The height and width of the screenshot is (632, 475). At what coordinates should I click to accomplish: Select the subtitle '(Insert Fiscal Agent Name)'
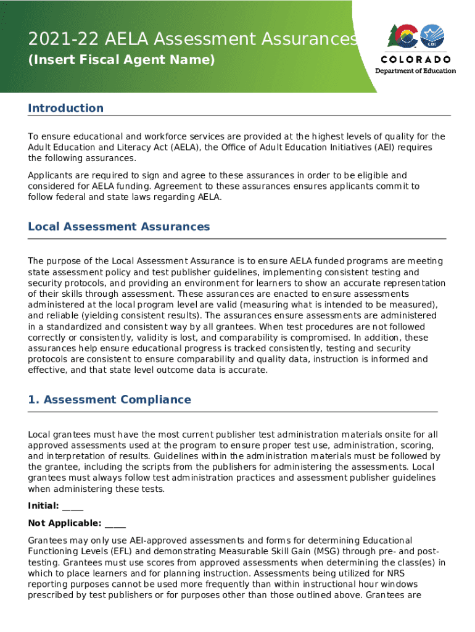pyautogui.click(x=122, y=60)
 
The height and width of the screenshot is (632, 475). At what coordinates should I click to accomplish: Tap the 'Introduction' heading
pyautogui.click(x=65, y=108)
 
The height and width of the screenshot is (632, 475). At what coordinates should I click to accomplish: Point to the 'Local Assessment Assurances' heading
pyautogui.click(x=119, y=227)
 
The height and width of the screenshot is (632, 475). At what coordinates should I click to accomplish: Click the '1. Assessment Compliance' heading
pyautogui.click(x=109, y=399)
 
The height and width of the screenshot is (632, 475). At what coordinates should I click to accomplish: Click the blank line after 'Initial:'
pyautogui.click(x=73, y=507)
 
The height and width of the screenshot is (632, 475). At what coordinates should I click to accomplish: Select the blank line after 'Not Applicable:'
pyautogui.click(x=115, y=524)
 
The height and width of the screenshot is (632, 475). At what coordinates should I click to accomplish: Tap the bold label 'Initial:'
pyautogui.click(x=43, y=506)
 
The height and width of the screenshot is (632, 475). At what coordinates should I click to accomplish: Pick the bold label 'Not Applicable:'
pyautogui.click(x=65, y=523)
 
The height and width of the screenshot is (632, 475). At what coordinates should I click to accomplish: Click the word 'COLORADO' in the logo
pyautogui.click(x=416, y=60)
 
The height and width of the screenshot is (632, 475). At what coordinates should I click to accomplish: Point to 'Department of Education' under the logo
pyautogui.click(x=416, y=70)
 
